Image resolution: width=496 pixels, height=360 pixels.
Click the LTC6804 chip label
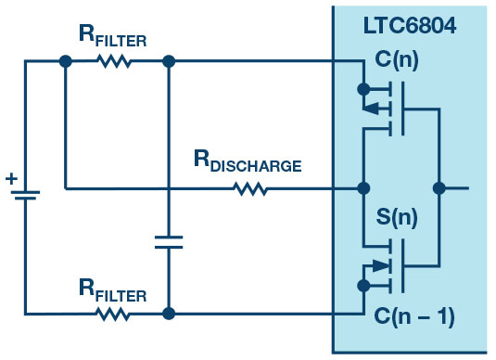click(x=410, y=25)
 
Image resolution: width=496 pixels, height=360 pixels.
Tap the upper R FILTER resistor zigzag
click(x=114, y=61)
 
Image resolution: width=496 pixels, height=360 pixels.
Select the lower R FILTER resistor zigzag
click(x=112, y=315)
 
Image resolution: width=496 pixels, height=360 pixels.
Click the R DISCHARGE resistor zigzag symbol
click(x=250, y=188)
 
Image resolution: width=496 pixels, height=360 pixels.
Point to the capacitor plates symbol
click(x=169, y=242)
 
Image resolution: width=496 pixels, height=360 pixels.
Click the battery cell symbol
click(x=25, y=196)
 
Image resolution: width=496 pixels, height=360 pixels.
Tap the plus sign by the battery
click(x=11, y=179)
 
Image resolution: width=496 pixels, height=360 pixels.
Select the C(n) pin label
click(x=397, y=59)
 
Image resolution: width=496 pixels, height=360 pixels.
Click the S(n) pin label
click(x=397, y=217)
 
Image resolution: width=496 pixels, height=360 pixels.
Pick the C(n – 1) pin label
click(x=414, y=316)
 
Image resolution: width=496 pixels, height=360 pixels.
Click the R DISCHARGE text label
click(x=248, y=161)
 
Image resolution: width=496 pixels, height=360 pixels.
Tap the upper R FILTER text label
click(x=112, y=36)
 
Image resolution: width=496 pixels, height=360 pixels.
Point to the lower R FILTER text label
click(x=112, y=290)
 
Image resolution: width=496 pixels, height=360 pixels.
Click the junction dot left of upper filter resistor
click(x=66, y=61)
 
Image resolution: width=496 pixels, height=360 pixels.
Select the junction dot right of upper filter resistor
click(x=169, y=61)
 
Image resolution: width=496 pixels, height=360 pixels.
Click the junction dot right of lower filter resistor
click(x=169, y=314)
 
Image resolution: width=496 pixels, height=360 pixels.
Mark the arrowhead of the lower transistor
click(x=381, y=266)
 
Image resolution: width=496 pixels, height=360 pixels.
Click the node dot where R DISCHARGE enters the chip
click(x=363, y=188)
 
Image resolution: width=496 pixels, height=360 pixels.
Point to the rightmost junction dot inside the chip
click(x=439, y=188)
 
